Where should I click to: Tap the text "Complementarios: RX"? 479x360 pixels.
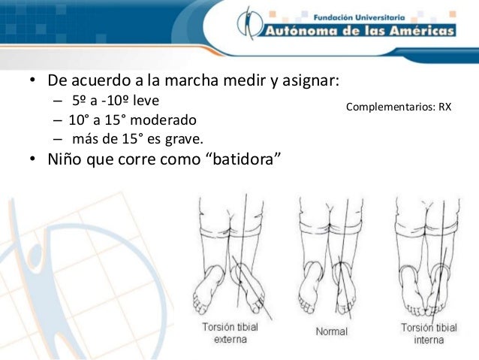click(x=398, y=107)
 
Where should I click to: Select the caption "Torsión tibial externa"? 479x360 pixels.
click(x=230, y=332)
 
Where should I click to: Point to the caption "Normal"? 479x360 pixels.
click(x=331, y=331)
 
